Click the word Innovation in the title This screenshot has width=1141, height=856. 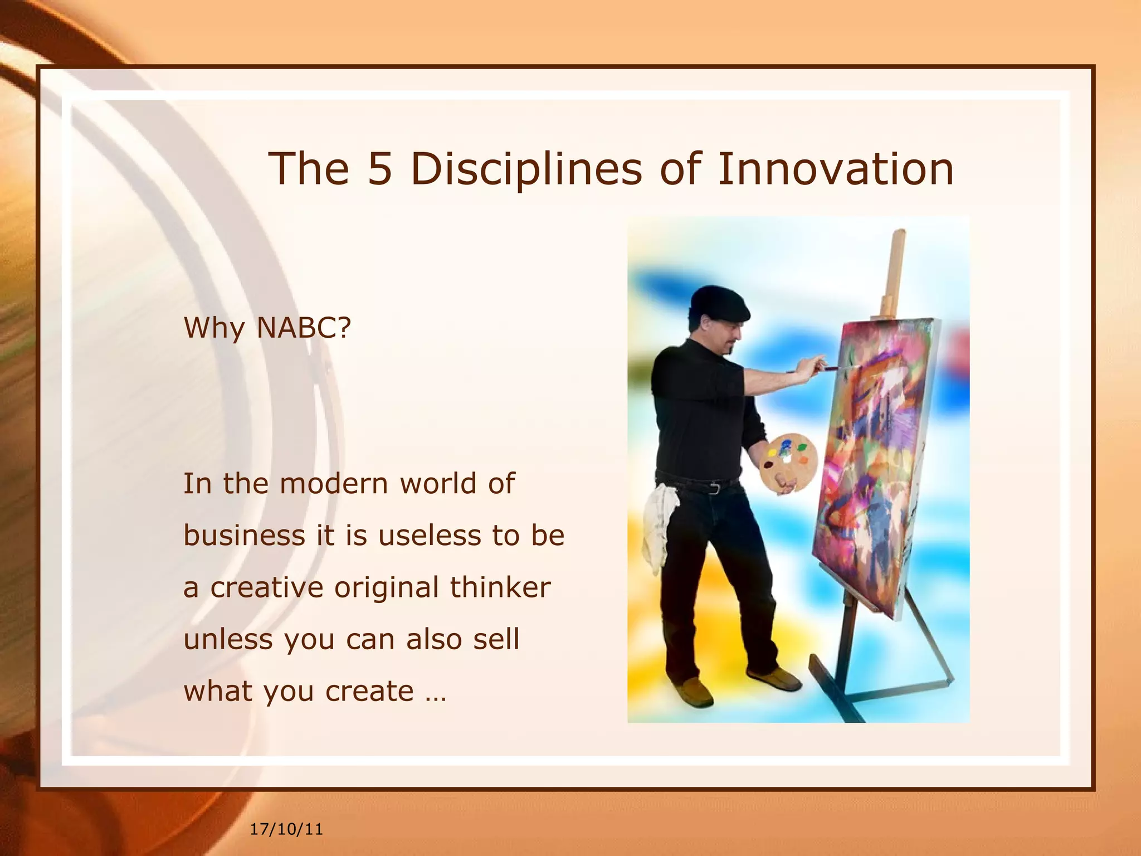coord(836,168)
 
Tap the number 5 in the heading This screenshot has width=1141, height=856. coord(380,168)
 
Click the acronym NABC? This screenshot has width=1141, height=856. coord(304,327)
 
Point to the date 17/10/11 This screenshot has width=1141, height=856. coord(286,829)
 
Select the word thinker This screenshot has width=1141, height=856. coord(500,587)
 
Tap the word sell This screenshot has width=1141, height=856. coord(496,639)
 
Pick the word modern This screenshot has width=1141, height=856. coord(333,483)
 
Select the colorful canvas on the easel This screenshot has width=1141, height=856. coord(875,463)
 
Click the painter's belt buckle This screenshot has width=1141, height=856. coord(715,489)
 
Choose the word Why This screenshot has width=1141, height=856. coord(214,327)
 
